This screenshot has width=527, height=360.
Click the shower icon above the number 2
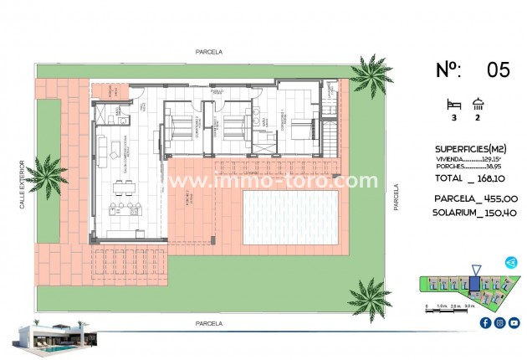478,104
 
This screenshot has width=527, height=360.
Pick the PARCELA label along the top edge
208,51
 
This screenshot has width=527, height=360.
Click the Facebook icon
485,322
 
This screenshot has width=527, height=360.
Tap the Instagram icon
499,322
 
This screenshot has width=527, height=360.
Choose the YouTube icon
514,322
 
